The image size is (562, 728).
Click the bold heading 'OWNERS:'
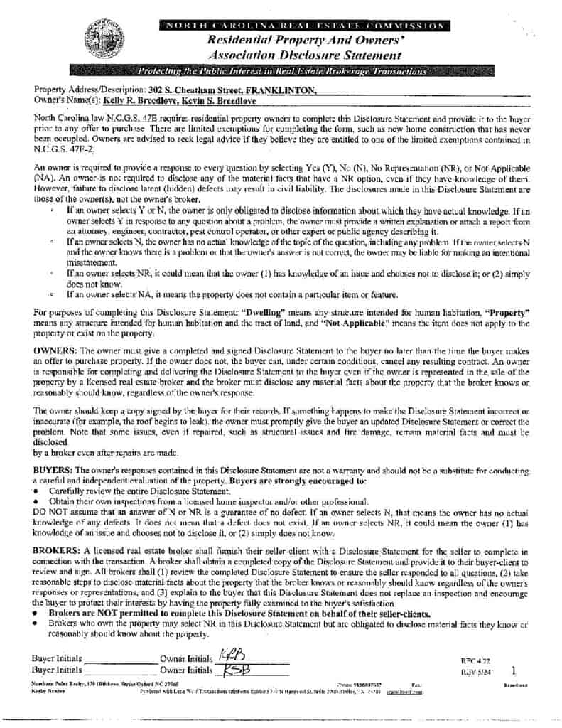(x=56, y=350)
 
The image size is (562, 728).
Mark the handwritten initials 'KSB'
(x=235, y=670)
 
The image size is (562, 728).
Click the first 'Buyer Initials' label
(x=57, y=658)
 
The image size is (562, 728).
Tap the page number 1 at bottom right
(x=513, y=670)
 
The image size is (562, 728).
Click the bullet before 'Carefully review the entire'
(x=37, y=491)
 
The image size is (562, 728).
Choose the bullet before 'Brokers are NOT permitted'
(x=37, y=612)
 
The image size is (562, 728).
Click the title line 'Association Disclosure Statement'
(x=303, y=55)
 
